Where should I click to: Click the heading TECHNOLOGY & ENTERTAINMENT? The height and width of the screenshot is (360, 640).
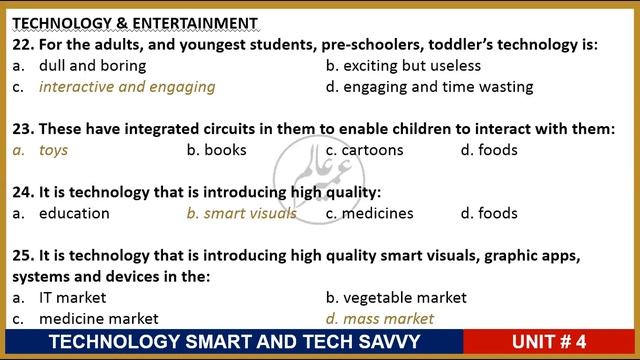(135, 23)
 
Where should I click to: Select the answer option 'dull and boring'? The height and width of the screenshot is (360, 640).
(92, 66)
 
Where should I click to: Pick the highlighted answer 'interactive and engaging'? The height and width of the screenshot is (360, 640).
(127, 87)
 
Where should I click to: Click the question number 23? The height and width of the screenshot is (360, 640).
(22, 129)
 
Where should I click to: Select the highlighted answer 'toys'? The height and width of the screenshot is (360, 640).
(53, 151)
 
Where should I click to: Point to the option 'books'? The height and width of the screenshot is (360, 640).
(225, 151)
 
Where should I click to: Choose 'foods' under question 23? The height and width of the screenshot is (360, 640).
(498, 151)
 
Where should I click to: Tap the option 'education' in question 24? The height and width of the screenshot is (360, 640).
(74, 213)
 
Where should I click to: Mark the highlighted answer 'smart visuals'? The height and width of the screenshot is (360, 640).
(250, 213)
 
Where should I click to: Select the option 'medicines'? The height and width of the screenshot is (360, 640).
(378, 213)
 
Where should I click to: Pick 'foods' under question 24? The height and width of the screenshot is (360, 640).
(498, 213)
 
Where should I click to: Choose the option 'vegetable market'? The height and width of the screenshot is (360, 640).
(405, 298)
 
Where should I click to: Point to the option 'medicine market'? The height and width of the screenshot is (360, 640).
(98, 319)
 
